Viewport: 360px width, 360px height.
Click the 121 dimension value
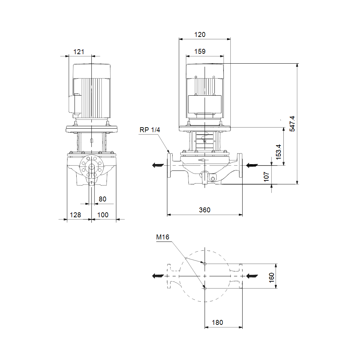(x=79, y=52)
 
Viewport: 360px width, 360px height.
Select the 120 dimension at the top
(x=200, y=35)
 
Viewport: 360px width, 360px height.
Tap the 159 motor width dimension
(x=200, y=51)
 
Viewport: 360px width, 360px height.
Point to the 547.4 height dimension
(x=292, y=124)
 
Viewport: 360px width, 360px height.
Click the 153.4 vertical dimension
(x=278, y=152)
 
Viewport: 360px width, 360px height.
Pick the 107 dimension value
(x=266, y=177)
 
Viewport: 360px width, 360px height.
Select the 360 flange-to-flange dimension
(x=205, y=210)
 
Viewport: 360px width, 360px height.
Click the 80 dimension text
(x=102, y=199)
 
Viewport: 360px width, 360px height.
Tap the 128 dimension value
(x=75, y=215)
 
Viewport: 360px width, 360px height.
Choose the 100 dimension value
(x=103, y=215)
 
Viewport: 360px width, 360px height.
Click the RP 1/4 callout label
(x=150, y=130)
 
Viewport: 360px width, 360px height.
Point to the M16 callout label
(x=162, y=237)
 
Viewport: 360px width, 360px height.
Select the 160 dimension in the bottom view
(x=272, y=278)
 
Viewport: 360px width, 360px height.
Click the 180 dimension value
(x=217, y=323)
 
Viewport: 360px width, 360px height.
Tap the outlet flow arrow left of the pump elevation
(x=158, y=165)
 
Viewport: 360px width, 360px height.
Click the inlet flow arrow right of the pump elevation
(x=252, y=165)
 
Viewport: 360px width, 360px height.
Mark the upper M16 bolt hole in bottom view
(x=205, y=264)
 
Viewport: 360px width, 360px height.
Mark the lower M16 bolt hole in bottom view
(x=205, y=288)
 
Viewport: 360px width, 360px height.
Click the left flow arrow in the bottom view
(x=158, y=276)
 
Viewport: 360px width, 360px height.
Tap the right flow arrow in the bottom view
(x=252, y=276)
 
